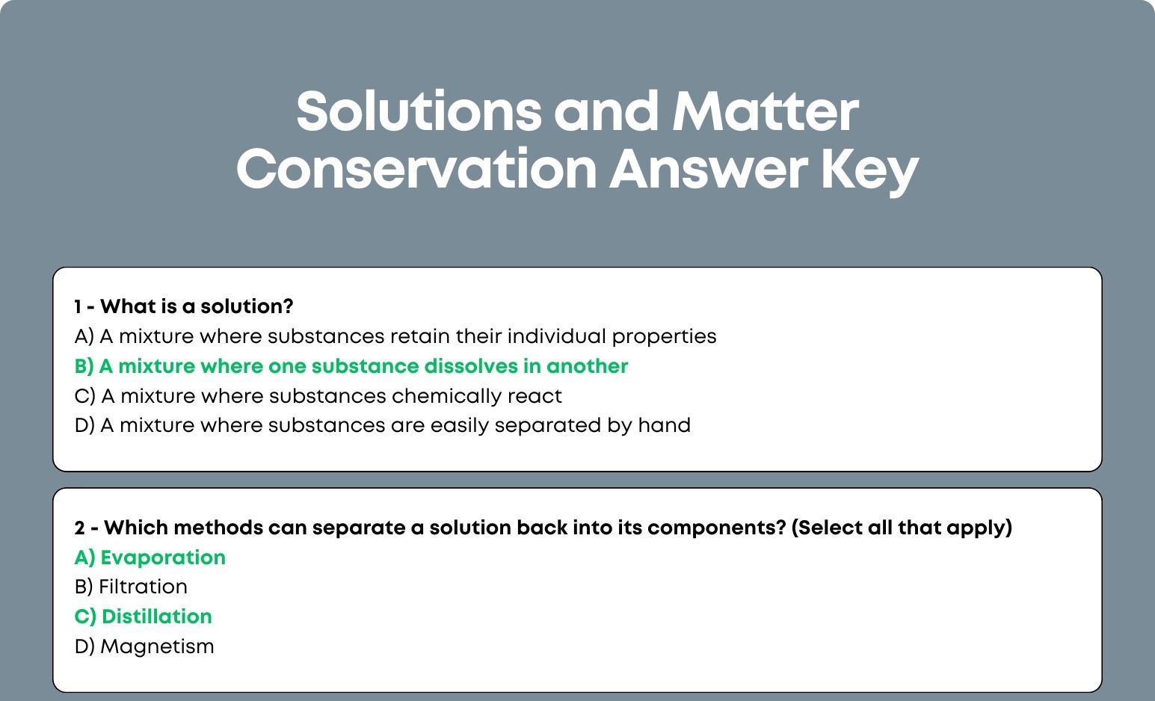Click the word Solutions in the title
click(419, 111)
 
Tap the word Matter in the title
click(766, 111)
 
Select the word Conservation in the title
click(416, 169)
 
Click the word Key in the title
click(869, 172)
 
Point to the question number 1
click(77, 306)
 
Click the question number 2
click(79, 528)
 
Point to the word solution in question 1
click(247, 306)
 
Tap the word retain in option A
click(419, 336)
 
